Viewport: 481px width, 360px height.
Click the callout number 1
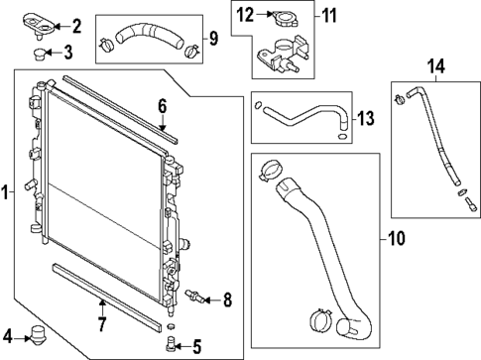7,191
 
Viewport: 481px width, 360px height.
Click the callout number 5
196,346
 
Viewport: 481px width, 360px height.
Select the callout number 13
365,119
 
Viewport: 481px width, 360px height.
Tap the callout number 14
431,66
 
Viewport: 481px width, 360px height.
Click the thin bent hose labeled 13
302,114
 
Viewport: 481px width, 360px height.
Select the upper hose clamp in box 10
267,175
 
